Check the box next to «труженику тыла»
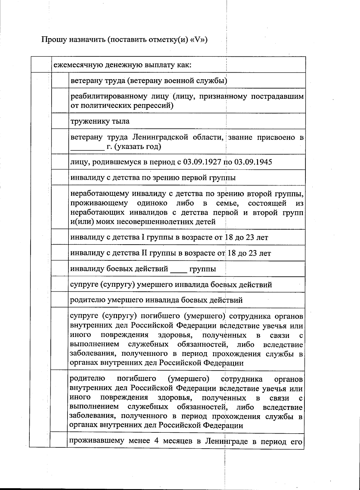60,121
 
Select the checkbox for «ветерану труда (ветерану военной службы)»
60,80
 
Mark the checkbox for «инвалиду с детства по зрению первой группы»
60,178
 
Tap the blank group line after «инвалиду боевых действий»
178,269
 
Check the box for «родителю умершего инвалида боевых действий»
60,300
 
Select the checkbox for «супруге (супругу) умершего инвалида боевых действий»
60,284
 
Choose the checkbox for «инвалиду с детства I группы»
60,237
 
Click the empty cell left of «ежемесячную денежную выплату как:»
41,65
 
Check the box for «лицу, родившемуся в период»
60,162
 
